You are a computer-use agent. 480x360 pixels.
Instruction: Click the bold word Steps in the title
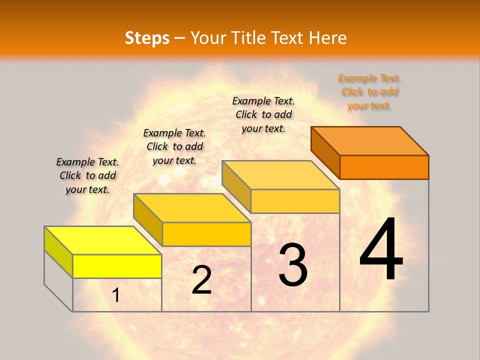click(x=147, y=38)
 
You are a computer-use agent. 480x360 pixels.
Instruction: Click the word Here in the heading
click(x=328, y=38)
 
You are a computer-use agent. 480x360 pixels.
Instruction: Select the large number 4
click(x=381, y=250)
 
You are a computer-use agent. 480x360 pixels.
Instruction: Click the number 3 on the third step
click(x=293, y=265)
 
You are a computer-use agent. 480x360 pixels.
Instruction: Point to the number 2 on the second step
click(x=201, y=280)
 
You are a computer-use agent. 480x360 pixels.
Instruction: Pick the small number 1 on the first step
click(x=116, y=295)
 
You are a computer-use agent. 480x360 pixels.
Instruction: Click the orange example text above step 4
click(x=369, y=92)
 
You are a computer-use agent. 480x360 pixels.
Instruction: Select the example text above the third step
click(x=263, y=114)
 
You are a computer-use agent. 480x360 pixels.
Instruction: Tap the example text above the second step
click(x=174, y=146)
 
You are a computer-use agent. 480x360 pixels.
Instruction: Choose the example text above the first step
click(x=87, y=175)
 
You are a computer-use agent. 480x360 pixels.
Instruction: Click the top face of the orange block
click(x=370, y=140)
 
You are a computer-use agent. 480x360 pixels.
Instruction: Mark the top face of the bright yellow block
click(x=103, y=240)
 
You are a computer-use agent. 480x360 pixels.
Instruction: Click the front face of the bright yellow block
click(x=117, y=266)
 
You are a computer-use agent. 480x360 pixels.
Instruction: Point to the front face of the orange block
click(x=384, y=167)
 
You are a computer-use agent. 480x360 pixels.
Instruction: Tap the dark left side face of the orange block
click(x=325, y=152)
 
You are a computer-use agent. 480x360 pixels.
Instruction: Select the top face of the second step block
click(x=192, y=207)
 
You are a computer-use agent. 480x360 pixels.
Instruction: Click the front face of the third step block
click(x=295, y=201)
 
